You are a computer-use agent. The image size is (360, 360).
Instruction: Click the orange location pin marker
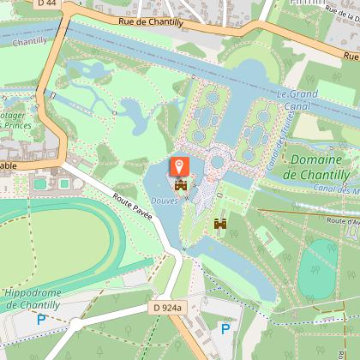(x=180, y=165)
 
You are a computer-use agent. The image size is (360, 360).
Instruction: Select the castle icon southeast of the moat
(x=220, y=224)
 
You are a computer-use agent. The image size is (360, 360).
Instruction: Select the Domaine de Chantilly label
(x=315, y=167)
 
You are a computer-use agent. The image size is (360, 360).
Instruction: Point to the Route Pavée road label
(x=132, y=207)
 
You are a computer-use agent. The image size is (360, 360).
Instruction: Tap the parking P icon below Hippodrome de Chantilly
(x=40, y=321)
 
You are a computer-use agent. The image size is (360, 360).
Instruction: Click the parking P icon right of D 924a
(x=225, y=328)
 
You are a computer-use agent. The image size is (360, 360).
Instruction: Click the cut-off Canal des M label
(x=336, y=189)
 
